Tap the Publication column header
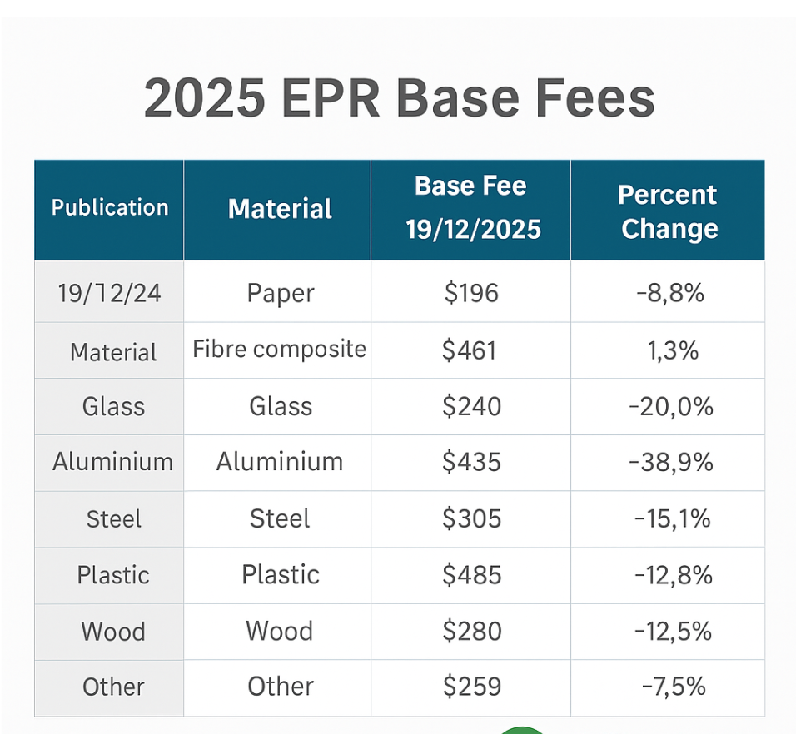[x=109, y=207]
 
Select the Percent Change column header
[x=668, y=211]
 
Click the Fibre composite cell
[x=279, y=349]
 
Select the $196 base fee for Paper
[x=470, y=293]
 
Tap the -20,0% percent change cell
[x=669, y=406]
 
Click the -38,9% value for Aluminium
[x=669, y=462]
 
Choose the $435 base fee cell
[x=471, y=462]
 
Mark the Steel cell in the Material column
[x=280, y=519]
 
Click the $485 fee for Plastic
[x=471, y=575]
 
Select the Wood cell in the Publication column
[x=113, y=632]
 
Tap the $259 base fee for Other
[x=471, y=687]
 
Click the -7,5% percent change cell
[x=674, y=687]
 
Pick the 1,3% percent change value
[x=672, y=350]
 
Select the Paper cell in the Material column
[x=281, y=293]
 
